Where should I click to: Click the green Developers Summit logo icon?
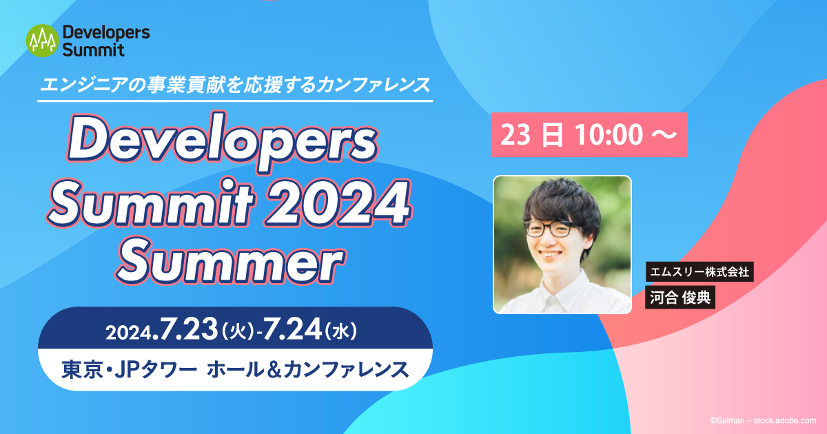click(x=41, y=41)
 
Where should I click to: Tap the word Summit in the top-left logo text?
click(x=93, y=50)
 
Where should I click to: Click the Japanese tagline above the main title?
click(x=235, y=85)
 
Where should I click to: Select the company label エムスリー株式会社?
click(x=697, y=271)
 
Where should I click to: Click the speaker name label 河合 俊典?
click(x=680, y=297)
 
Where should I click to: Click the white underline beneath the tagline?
click(x=235, y=101)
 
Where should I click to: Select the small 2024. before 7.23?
click(x=133, y=333)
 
